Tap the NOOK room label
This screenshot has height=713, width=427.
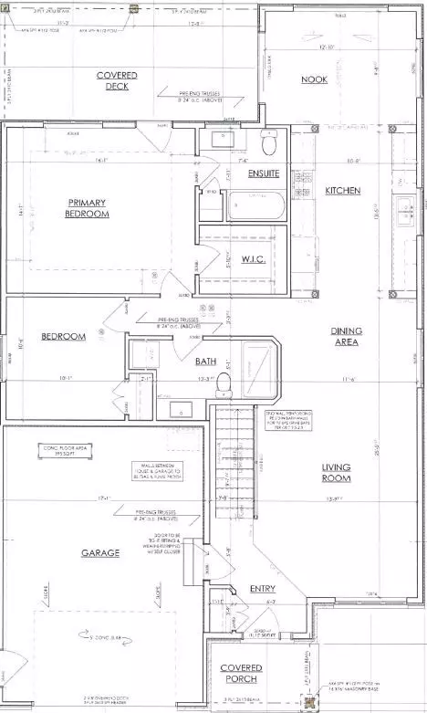coord(314,80)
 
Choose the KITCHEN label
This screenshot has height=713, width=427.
coord(343,191)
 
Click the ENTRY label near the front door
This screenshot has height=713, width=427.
coord(262,589)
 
